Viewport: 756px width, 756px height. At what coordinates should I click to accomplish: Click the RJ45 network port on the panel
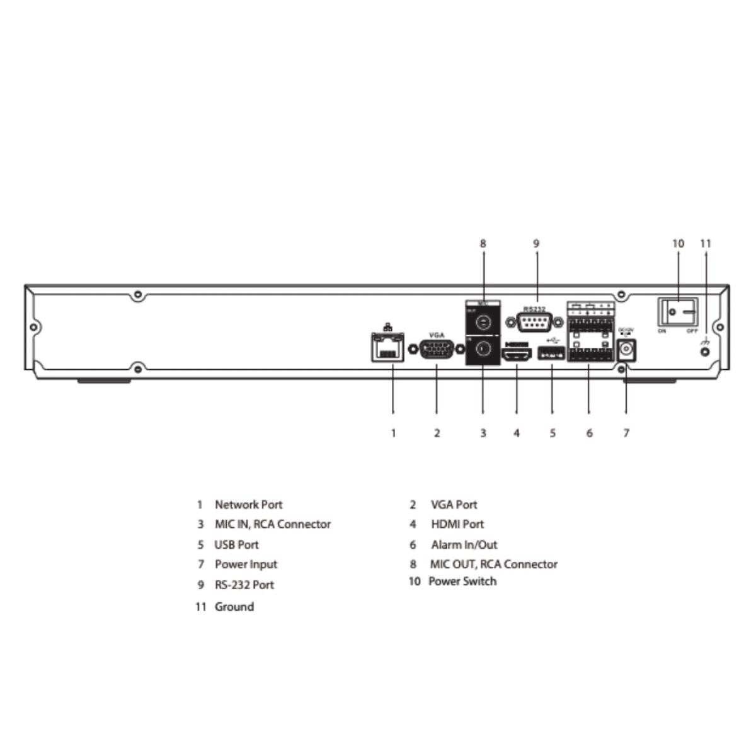(387, 348)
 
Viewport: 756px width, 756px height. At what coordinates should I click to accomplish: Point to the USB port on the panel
(551, 353)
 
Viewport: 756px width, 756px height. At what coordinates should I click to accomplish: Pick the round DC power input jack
(626, 351)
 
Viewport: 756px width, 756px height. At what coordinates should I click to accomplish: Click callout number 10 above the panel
(678, 243)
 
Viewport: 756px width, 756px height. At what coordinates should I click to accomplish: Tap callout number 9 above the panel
(536, 243)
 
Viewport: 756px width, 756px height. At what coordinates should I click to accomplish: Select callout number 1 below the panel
(393, 433)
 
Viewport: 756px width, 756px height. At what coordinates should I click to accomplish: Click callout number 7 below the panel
(626, 433)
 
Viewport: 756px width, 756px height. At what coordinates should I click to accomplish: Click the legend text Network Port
(248, 505)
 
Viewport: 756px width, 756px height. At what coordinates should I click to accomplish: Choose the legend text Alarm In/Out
(464, 545)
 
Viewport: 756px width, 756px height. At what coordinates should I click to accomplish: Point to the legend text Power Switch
(462, 581)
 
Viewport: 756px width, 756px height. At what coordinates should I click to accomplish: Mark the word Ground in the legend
(234, 607)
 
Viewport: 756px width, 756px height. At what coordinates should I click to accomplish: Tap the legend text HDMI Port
(457, 524)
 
